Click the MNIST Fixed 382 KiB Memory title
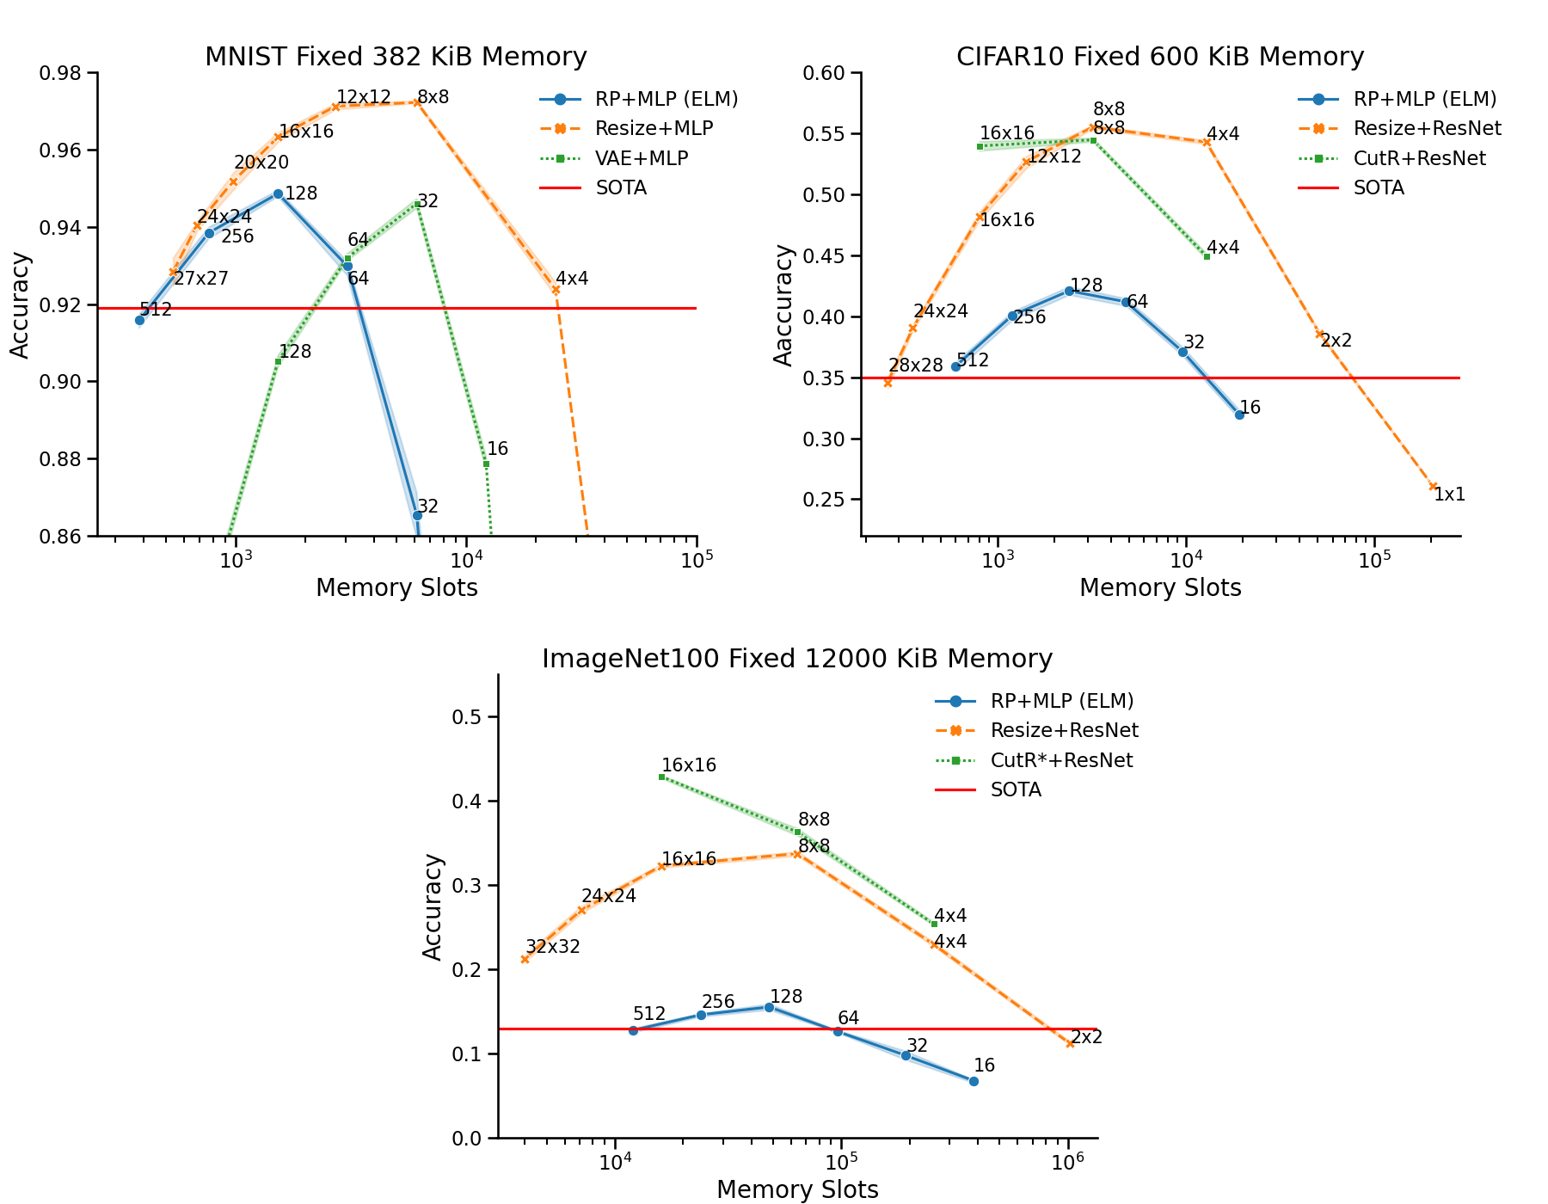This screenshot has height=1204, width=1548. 396,57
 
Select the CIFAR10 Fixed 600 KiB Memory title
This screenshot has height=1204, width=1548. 1160,57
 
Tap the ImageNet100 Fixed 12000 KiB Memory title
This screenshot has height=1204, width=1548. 797,659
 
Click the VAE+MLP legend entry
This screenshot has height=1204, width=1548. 641,158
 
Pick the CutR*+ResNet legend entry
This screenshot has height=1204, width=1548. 1061,760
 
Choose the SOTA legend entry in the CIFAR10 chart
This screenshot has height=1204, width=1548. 1379,188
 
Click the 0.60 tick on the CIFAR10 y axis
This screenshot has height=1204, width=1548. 824,73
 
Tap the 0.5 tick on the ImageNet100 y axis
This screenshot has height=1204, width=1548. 470,717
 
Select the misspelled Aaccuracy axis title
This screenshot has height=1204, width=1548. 783,304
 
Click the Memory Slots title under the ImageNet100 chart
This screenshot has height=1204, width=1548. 797,1189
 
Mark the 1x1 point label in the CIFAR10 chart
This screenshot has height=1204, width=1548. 1450,494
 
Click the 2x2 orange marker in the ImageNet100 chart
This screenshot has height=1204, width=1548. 1070,1044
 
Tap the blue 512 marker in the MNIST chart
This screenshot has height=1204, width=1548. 139,320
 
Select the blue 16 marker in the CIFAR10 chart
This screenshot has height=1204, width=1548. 1239,415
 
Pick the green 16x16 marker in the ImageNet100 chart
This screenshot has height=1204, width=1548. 661,777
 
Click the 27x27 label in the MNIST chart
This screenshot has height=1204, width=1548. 200,279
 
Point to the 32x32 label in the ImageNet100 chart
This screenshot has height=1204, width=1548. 553,947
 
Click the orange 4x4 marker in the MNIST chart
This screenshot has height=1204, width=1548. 556,290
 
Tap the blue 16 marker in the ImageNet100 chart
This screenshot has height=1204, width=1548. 974,1081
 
